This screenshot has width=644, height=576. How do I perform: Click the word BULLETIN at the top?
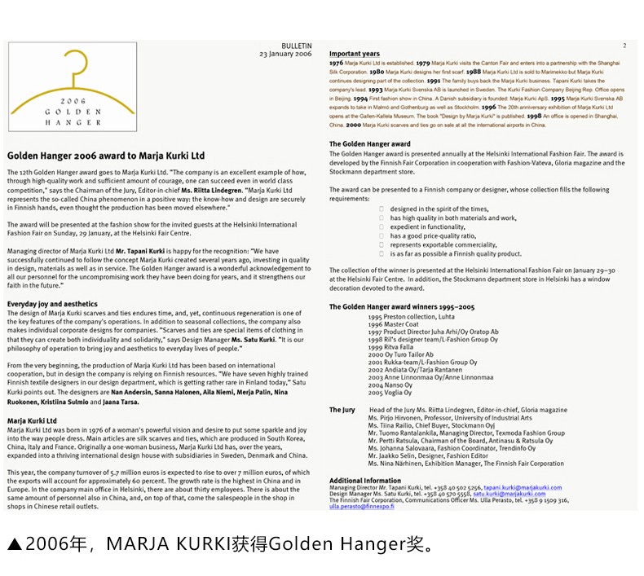tap(297, 46)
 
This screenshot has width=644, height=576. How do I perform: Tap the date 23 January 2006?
tap(285, 54)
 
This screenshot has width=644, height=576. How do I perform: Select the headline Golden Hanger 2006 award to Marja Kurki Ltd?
tap(106, 155)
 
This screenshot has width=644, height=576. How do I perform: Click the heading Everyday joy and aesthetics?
tap(52, 304)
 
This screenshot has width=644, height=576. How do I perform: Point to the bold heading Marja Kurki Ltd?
tap(32, 420)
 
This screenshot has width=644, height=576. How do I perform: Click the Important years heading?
tap(355, 54)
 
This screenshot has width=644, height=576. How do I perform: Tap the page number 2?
tap(624, 46)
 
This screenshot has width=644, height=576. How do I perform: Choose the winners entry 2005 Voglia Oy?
tap(390, 392)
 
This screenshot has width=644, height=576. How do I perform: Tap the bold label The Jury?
tap(342, 410)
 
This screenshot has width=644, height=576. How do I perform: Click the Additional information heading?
tap(365, 481)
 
